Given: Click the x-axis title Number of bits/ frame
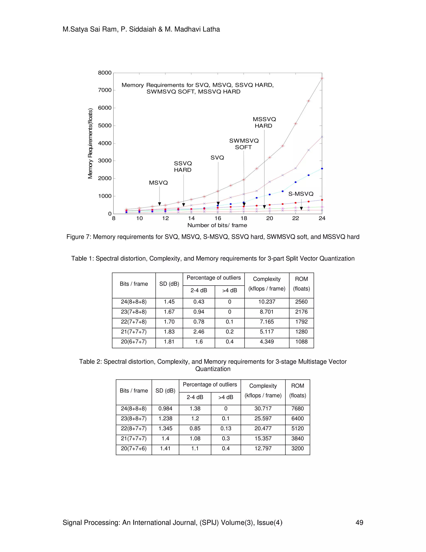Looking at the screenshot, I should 217,225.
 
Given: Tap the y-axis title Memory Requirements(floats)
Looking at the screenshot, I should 90,143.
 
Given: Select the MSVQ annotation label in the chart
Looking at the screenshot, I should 158,183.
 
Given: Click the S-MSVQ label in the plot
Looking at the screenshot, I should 301,194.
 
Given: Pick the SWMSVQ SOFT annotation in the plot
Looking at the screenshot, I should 244,144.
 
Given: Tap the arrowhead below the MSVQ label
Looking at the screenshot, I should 160,204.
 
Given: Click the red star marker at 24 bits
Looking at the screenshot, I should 322,78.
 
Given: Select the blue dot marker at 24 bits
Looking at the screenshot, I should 322,169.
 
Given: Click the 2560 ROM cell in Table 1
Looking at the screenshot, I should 301,302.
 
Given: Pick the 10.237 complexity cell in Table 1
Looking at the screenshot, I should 267,302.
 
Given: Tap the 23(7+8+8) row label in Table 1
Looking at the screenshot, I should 134,312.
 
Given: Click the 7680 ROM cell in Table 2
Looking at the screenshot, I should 297,409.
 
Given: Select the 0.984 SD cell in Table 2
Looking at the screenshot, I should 165,409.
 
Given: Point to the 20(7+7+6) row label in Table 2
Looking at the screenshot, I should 134,449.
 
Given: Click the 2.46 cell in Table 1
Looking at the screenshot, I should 199,332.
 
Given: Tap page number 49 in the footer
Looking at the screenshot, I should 359,523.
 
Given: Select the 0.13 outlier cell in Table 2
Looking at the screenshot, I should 226,429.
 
